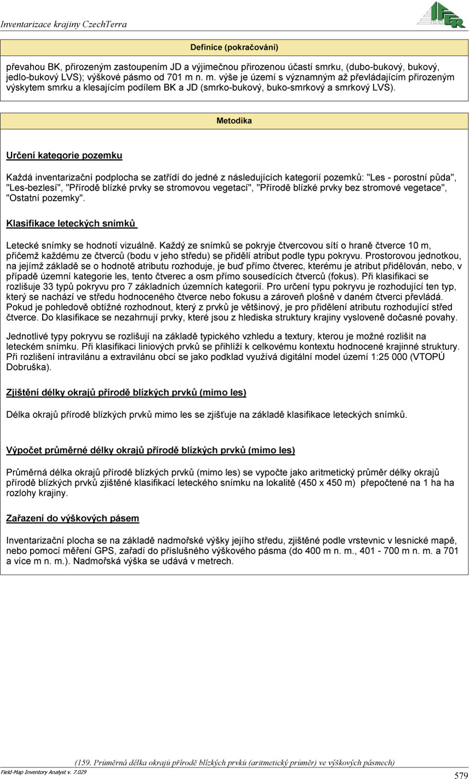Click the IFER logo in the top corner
click(x=442, y=15)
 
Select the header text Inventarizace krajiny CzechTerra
click(x=64, y=24)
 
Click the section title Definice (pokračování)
click(x=234, y=47)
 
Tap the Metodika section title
click(x=234, y=120)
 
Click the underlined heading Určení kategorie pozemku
click(x=64, y=155)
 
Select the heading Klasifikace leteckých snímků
click(x=71, y=223)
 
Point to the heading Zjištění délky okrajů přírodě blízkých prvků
click(x=126, y=392)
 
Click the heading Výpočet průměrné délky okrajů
click(x=150, y=450)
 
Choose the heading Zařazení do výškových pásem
click(x=72, y=518)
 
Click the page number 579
click(x=460, y=775)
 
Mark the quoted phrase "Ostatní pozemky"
click(x=45, y=198)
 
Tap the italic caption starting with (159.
click(x=234, y=763)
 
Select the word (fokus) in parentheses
click(x=342, y=276)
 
